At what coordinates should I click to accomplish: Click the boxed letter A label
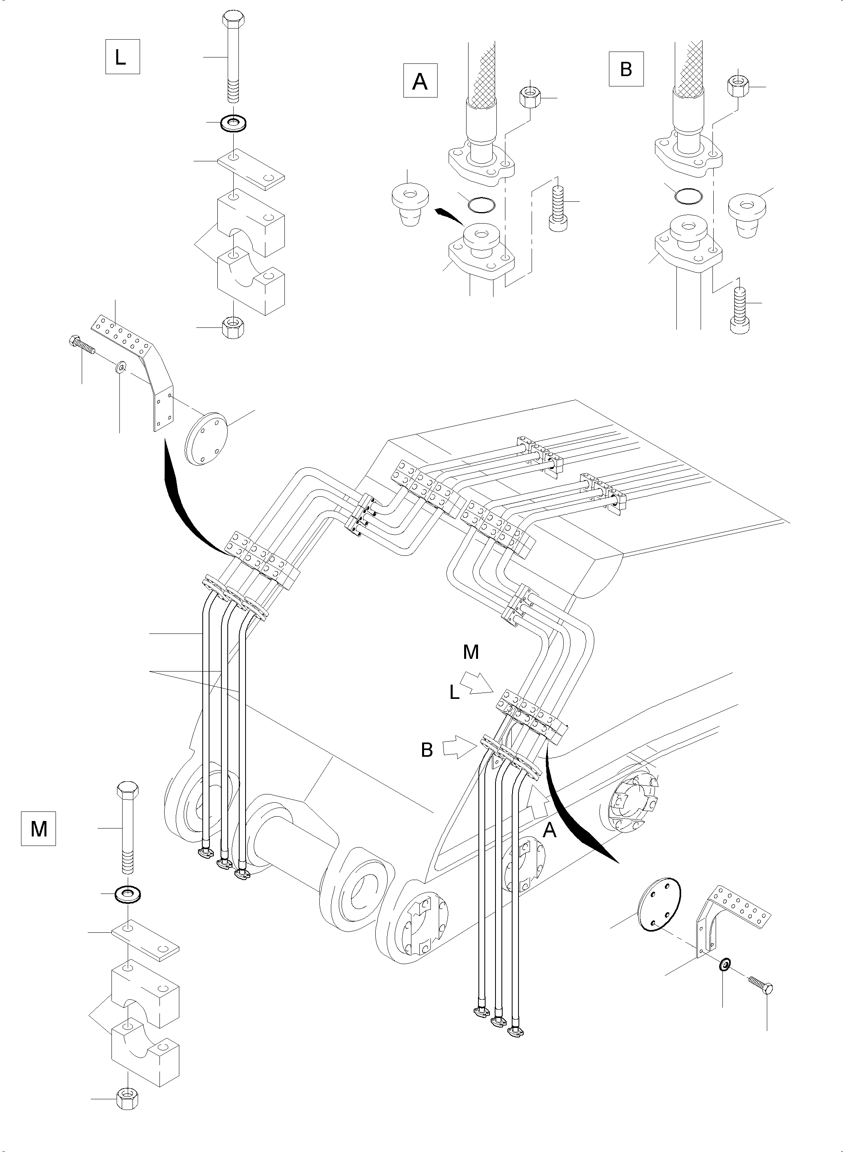(x=421, y=80)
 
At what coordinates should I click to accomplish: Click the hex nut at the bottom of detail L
(x=234, y=327)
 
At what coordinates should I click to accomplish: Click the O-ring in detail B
(x=688, y=194)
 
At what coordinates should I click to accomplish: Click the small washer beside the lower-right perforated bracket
(x=724, y=964)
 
